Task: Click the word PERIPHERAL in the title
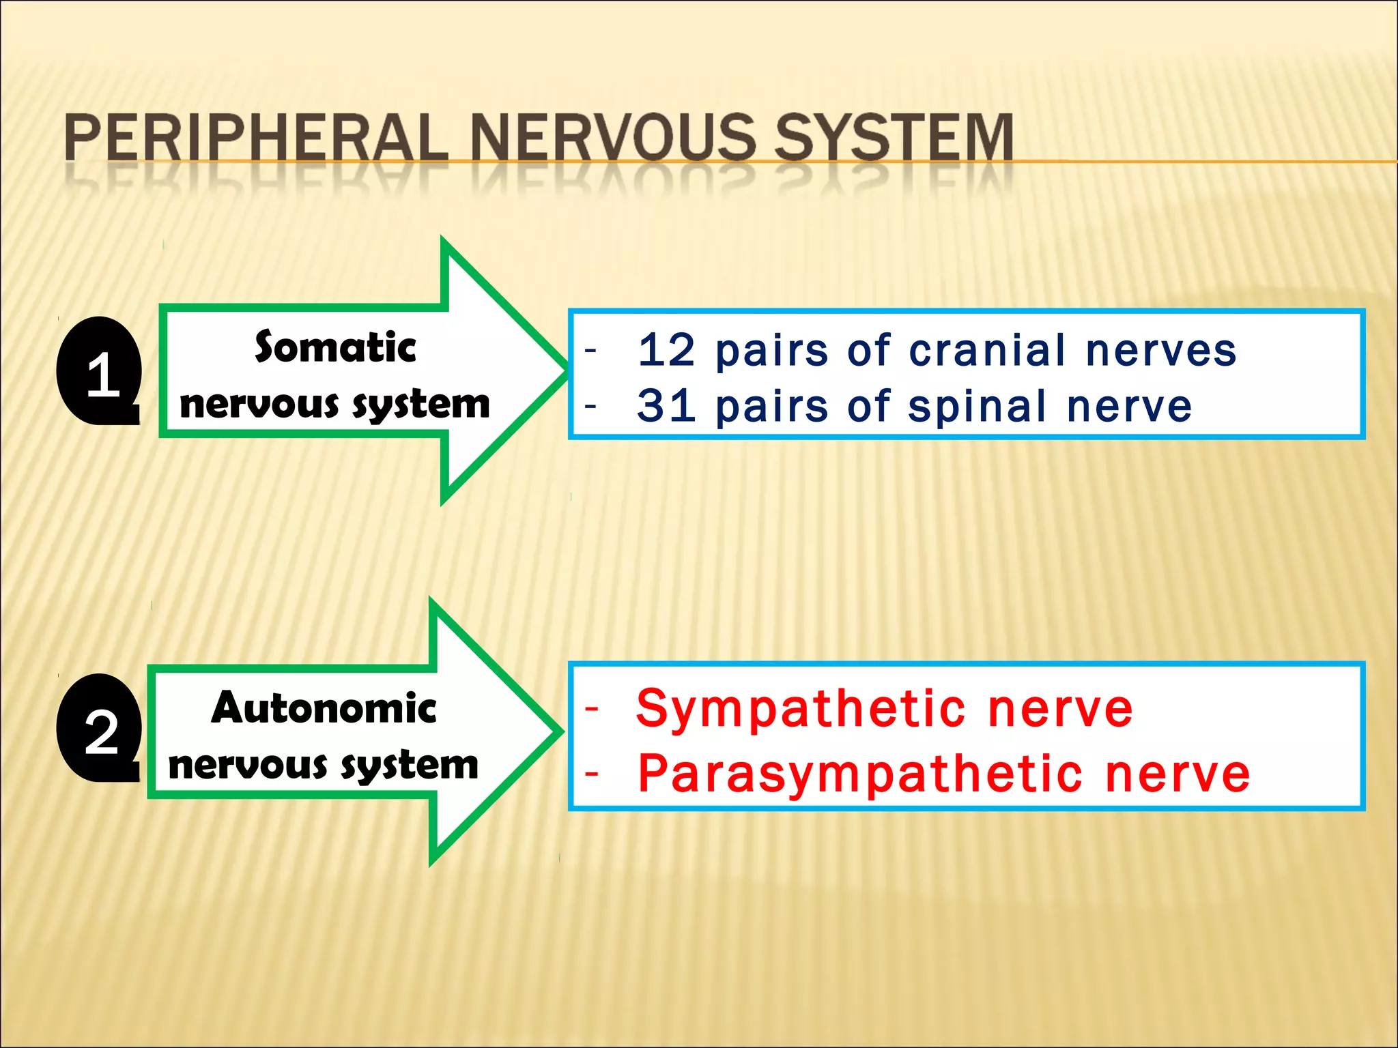click(256, 138)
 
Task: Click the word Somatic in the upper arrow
click(335, 347)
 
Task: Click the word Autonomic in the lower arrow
click(324, 708)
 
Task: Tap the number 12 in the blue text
click(667, 351)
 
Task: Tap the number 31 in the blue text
click(667, 407)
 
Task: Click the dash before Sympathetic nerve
click(591, 709)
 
